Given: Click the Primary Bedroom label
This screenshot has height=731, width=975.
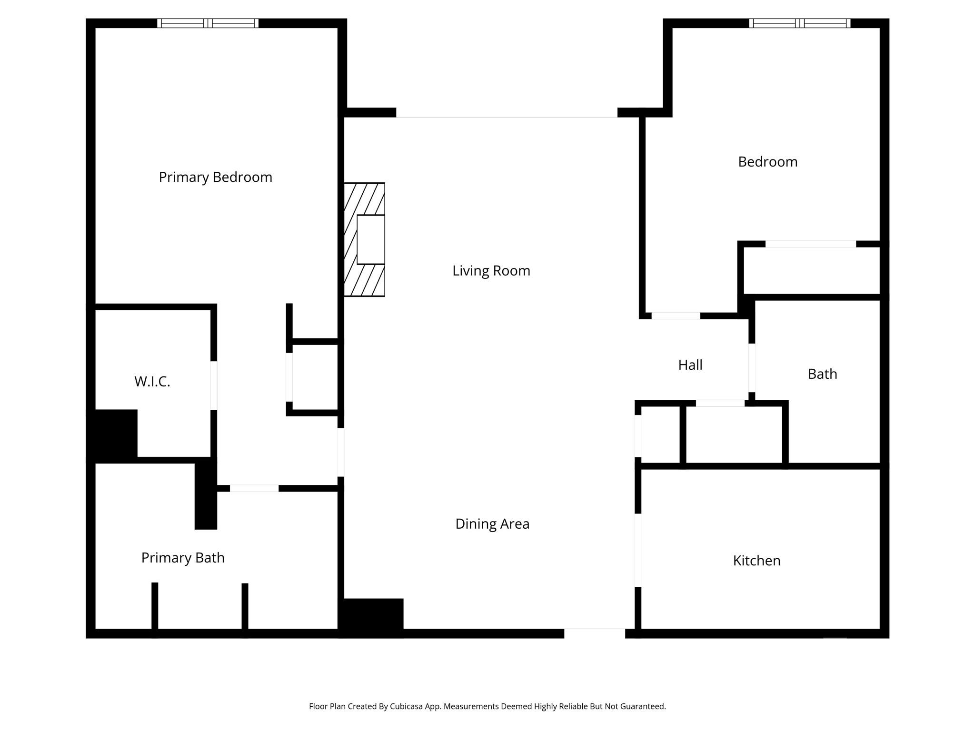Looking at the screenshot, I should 215,177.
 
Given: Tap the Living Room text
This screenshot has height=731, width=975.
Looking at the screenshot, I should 491,271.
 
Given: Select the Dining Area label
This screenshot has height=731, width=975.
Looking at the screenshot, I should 492,524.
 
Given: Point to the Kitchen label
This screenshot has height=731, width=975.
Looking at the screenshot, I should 756,561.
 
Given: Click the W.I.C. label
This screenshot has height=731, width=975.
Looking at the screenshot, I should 152,382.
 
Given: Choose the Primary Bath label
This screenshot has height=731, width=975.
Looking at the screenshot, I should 183,558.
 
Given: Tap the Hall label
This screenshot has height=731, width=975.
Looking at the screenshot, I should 690,365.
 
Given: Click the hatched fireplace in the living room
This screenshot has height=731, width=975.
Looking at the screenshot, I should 364,239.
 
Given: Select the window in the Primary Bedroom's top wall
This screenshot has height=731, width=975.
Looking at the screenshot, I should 208,23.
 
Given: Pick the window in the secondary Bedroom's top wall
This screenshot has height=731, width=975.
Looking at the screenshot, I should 799,23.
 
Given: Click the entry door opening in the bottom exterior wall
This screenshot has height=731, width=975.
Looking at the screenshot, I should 594,633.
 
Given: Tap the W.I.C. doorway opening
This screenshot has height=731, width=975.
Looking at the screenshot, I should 214,385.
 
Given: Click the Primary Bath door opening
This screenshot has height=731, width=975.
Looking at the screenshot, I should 254,488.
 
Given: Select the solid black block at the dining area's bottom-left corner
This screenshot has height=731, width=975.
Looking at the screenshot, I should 371,617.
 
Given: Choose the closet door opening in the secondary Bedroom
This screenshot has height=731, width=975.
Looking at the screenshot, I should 810,244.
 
